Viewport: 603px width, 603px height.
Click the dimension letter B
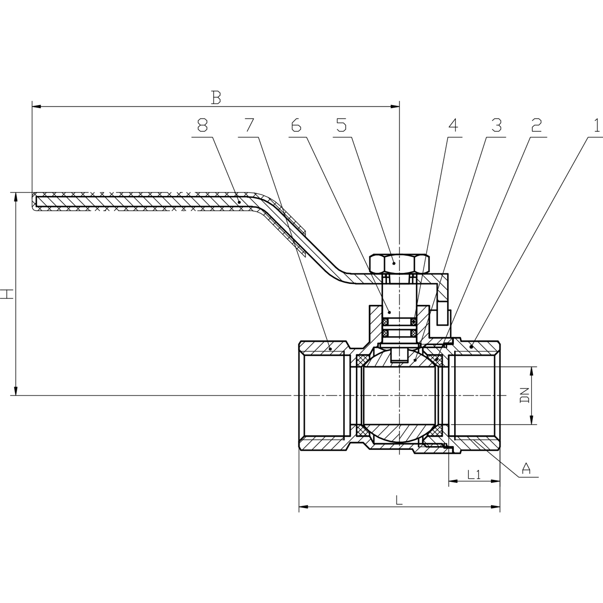coord(216,97)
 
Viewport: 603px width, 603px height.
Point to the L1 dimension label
coord(474,474)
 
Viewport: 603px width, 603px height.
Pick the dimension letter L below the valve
coord(398,500)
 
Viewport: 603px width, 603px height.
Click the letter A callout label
coord(526,468)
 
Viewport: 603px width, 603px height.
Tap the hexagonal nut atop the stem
coord(399,262)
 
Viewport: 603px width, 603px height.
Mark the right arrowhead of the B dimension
coord(395,107)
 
